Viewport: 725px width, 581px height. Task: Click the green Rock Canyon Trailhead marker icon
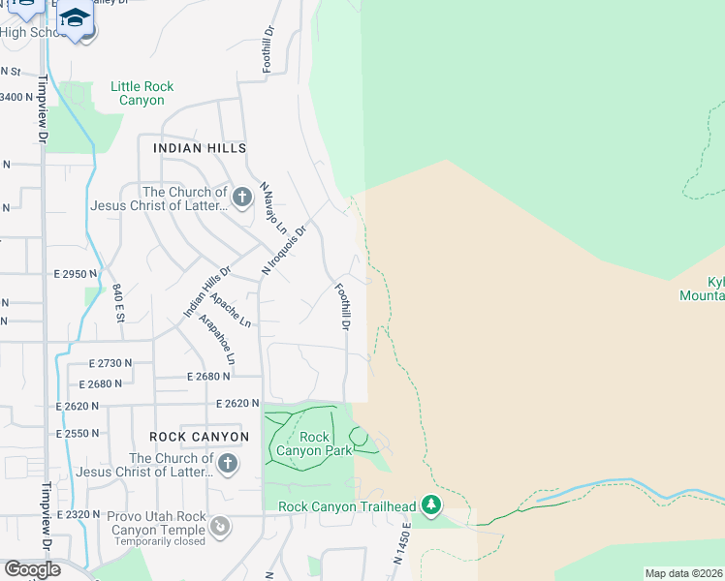point(431,505)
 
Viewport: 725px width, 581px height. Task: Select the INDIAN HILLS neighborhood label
point(200,148)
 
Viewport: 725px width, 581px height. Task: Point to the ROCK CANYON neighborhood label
point(200,437)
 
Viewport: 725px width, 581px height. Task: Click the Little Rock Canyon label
point(142,93)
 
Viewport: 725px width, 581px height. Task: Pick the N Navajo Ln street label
point(273,207)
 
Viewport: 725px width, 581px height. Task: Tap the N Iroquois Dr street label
point(285,249)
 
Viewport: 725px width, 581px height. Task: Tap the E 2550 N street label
point(78,433)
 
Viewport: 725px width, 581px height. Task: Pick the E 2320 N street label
point(78,513)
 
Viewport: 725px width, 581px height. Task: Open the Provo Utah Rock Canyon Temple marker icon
point(222,526)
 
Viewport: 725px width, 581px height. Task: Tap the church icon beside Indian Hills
point(242,198)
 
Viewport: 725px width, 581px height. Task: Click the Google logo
point(33,569)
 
